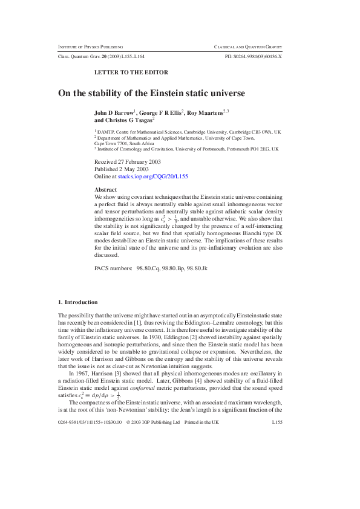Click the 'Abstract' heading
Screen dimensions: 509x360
pos(106,190)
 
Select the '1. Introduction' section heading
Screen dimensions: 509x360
pos(77,302)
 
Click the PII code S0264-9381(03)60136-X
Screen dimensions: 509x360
pos(253,56)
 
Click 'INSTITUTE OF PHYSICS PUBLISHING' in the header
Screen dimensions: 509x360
pos(90,47)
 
